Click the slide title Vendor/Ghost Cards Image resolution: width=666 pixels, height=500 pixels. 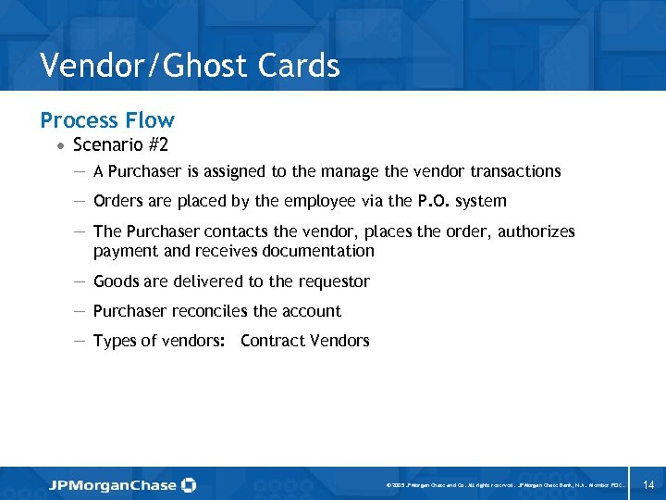pyautogui.click(x=190, y=66)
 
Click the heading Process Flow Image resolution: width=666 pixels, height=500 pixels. pyautogui.click(x=107, y=120)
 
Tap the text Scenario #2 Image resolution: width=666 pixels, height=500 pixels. pyautogui.click(x=120, y=145)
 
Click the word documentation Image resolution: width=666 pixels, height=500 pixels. pyautogui.click(x=320, y=251)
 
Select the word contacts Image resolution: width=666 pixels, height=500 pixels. pyautogui.click(x=214, y=231)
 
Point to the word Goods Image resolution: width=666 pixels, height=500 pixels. pyautogui.click(x=116, y=281)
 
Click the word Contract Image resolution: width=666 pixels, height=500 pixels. pyautogui.click(x=269, y=341)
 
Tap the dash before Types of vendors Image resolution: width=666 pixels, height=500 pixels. pyautogui.click(x=80, y=341)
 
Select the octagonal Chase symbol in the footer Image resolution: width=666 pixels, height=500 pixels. pyautogui.click(x=189, y=484)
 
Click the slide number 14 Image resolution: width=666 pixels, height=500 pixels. pyautogui.click(x=647, y=484)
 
